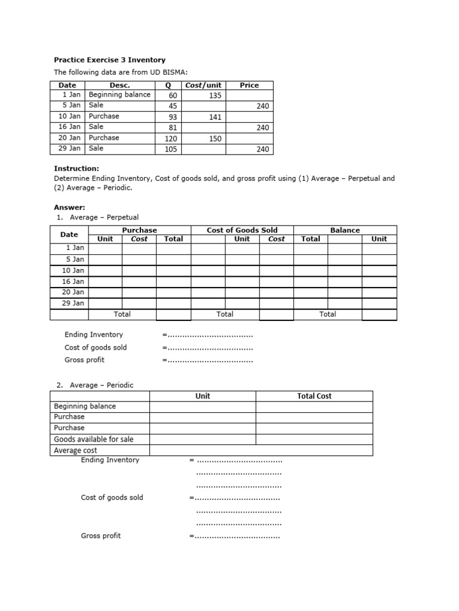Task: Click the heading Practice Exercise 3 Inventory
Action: tap(110, 60)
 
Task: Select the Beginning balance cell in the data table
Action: tap(120, 94)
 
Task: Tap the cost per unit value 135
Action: tap(215, 95)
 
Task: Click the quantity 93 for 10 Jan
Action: tap(173, 117)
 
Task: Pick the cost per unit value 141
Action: tap(215, 117)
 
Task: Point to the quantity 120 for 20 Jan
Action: tap(171, 138)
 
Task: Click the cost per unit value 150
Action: tap(215, 138)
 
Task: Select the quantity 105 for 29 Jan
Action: tap(171, 149)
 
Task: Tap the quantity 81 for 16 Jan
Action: tap(173, 128)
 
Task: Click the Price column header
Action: tap(249, 85)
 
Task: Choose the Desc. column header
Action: tap(120, 85)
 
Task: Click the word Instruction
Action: tap(76, 169)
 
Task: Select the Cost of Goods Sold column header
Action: tap(242, 230)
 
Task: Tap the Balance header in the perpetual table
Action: tap(345, 230)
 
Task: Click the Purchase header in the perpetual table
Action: tap(139, 230)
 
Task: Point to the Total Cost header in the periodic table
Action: tap(314, 396)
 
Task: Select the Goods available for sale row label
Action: tap(94, 439)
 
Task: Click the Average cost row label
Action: tap(75, 450)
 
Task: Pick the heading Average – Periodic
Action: tap(102, 385)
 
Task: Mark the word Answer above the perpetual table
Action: tap(70, 207)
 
